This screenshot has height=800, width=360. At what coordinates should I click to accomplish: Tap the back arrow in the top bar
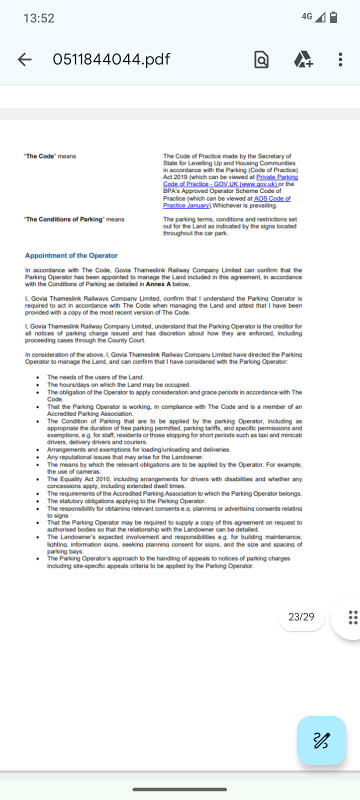tap(24, 59)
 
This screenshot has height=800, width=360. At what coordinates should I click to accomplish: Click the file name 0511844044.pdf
tap(111, 59)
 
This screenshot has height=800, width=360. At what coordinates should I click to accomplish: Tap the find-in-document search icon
tap(261, 59)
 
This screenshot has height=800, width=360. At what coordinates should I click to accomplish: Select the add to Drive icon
tap(303, 59)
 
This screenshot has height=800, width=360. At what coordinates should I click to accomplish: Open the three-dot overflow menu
tap(340, 59)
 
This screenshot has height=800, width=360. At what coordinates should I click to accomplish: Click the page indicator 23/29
tap(301, 616)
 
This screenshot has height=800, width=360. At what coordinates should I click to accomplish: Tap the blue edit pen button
tap(321, 740)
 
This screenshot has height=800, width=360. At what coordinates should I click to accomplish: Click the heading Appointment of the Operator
tap(71, 255)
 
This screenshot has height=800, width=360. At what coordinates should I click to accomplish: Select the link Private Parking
tap(277, 177)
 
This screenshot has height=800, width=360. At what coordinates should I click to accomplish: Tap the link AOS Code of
tap(272, 198)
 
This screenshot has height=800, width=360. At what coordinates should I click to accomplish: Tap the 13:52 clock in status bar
tap(38, 18)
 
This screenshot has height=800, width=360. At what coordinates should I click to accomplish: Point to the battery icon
tap(333, 17)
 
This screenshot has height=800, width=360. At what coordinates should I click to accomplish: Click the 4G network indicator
tap(307, 16)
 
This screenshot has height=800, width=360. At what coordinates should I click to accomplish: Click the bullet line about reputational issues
tap(125, 457)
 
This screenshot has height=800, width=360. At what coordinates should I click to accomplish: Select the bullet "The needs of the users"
tap(95, 377)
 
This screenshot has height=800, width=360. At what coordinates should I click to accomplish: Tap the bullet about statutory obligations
tap(126, 501)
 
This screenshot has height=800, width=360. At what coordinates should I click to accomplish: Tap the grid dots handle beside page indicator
tap(352, 617)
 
